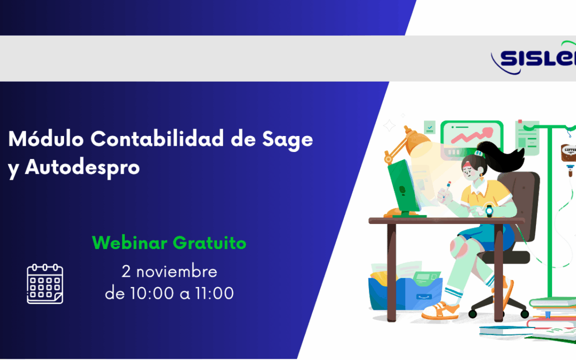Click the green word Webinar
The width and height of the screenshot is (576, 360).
(x=129, y=243)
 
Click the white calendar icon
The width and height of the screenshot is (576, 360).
(x=45, y=284)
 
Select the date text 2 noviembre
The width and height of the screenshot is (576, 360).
(x=169, y=271)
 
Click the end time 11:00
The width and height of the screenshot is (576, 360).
(x=213, y=293)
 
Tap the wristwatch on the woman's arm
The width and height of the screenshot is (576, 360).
(x=489, y=210)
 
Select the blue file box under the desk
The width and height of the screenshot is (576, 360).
(x=405, y=296)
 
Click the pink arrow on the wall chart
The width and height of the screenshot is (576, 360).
(x=469, y=137)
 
